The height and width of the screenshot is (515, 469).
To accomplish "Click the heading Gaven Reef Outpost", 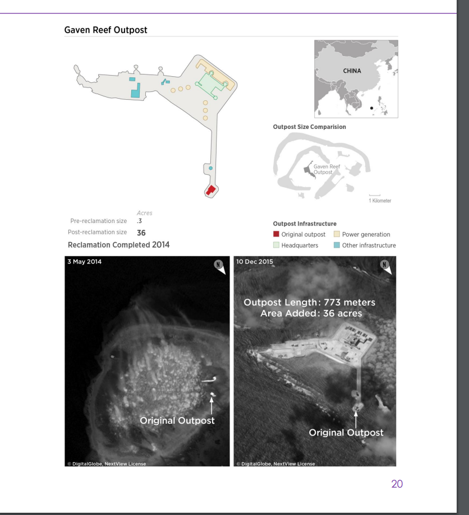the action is (x=105, y=30).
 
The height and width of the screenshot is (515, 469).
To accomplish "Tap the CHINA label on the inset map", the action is (x=352, y=71).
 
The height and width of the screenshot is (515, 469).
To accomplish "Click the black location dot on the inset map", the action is (x=371, y=108).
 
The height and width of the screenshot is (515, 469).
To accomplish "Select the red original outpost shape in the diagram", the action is (x=210, y=190).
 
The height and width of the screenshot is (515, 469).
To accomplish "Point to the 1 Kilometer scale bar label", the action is (x=380, y=201).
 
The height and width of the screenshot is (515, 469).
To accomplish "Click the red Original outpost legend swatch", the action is (x=276, y=234).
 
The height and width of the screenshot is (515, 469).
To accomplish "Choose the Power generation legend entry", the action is (x=362, y=234).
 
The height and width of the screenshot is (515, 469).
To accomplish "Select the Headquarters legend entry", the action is (x=296, y=245).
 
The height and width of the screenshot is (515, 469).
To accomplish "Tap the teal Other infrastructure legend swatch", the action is (x=337, y=245).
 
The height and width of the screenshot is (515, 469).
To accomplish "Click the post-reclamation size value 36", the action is (x=141, y=233).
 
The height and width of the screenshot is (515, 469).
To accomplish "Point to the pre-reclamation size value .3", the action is (x=139, y=221).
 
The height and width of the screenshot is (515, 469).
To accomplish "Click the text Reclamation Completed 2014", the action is (x=119, y=245).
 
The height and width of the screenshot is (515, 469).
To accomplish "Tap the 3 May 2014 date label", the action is (x=85, y=262).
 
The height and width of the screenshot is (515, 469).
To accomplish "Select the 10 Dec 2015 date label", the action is (x=255, y=262).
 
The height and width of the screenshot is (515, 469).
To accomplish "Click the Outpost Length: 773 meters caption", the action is (x=310, y=303).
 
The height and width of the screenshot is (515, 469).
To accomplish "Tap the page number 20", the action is (x=397, y=484).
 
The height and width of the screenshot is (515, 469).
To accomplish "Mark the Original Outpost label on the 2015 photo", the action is (x=346, y=433).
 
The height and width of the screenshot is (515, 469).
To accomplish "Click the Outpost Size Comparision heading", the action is (x=310, y=127).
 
